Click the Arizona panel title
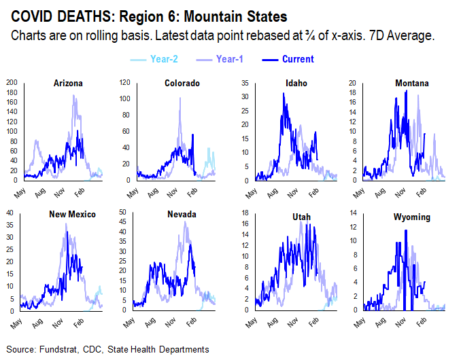tap(68, 84)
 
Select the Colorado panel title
tap(182, 84)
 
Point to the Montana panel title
tap(411, 84)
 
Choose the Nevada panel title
tap(182, 214)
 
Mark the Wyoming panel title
tap(411, 214)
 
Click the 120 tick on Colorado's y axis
tap(125, 83)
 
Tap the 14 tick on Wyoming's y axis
tap(354, 213)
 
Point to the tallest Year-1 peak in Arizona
tap(73, 96)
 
